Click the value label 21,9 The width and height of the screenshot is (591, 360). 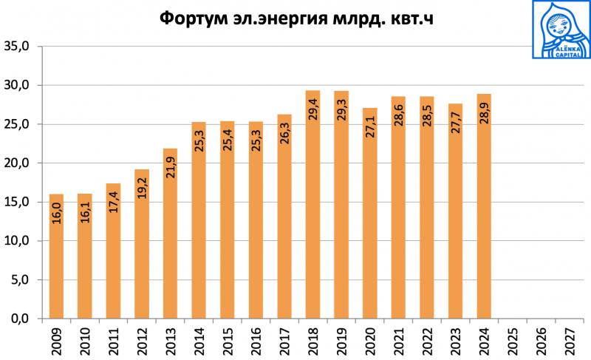170,174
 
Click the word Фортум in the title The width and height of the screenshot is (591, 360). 194,18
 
